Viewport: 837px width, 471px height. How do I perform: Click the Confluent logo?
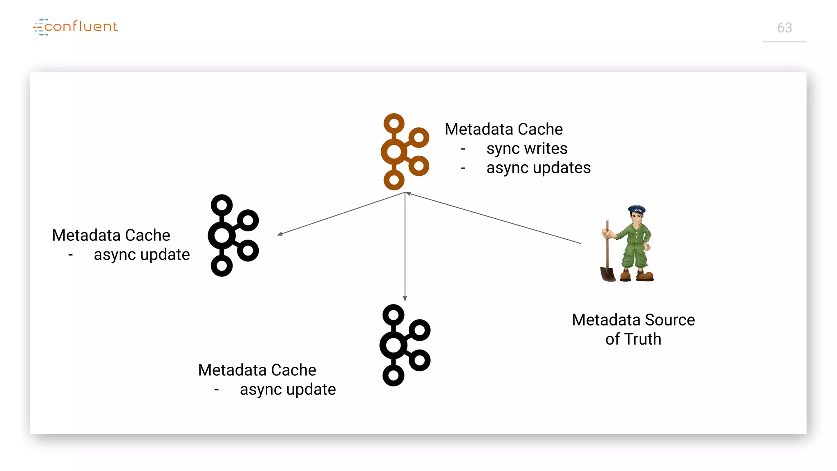76,27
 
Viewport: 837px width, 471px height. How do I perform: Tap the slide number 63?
784,28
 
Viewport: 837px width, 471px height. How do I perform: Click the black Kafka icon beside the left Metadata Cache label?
233,235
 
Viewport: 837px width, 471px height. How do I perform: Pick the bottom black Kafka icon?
405,345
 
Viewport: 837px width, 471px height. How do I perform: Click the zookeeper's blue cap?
637,210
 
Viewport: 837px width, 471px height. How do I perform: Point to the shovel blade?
608,274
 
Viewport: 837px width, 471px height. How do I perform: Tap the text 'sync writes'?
526,148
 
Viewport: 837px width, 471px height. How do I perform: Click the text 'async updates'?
538,168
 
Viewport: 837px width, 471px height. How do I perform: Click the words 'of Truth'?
633,339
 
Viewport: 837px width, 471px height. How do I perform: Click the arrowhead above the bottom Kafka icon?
405,299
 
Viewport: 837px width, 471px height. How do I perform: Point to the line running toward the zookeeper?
495,218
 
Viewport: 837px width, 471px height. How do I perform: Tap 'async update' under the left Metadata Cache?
141,254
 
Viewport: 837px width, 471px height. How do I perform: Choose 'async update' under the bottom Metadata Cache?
287,389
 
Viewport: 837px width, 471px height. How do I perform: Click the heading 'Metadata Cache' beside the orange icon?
504,129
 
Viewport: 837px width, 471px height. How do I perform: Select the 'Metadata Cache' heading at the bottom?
257,370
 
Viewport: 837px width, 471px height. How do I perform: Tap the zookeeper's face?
636,218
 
